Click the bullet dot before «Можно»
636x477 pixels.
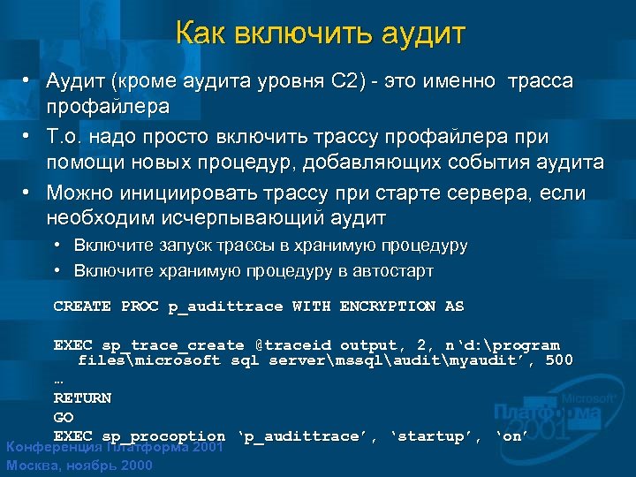tap(29, 192)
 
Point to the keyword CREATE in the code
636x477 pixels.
tap(82, 307)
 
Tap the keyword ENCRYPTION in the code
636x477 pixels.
tap(388, 307)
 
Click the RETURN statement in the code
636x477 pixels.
tap(82, 398)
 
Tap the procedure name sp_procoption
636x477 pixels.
tap(163, 436)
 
